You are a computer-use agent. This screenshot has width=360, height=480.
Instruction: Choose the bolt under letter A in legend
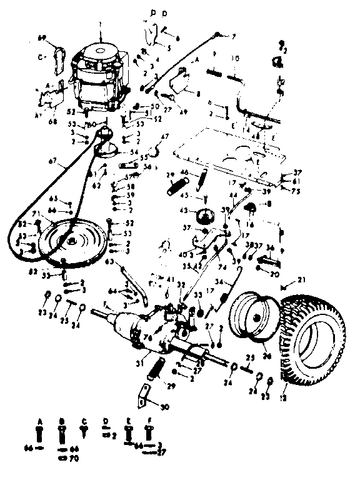(x=41, y=433)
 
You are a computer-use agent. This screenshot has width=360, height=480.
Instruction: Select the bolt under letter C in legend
(x=84, y=430)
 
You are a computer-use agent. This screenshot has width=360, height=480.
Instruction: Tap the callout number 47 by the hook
(x=166, y=136)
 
